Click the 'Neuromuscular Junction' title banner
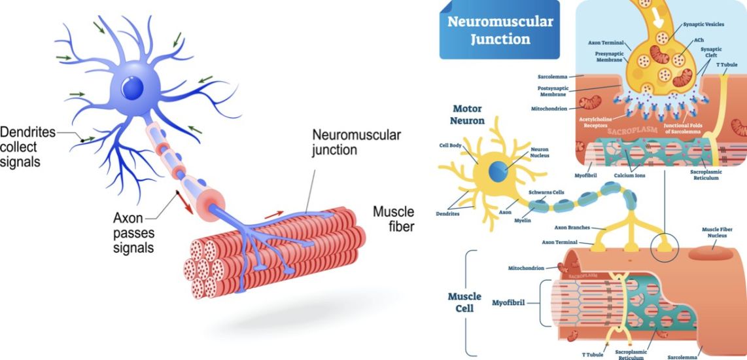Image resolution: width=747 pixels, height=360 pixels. [500, 30]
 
